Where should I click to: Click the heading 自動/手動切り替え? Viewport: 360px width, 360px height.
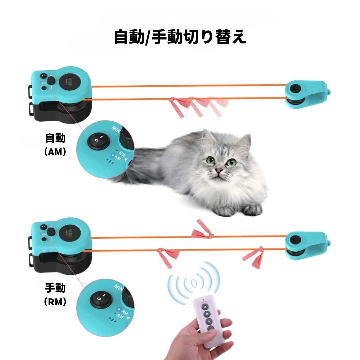click(180, 37)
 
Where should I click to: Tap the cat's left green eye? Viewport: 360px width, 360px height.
click(211, 160)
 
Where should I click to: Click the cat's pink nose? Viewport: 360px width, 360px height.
click(219, 170)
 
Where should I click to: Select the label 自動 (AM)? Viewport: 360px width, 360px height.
click(56, 144)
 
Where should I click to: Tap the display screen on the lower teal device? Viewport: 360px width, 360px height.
click(70, 233)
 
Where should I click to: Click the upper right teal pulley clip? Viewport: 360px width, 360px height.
click(305, 94)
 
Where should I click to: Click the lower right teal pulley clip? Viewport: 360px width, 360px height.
click(305, 245)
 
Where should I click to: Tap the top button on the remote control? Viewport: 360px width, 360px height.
click(205, 307)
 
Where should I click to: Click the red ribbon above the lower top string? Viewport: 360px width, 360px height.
click(203, 230)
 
